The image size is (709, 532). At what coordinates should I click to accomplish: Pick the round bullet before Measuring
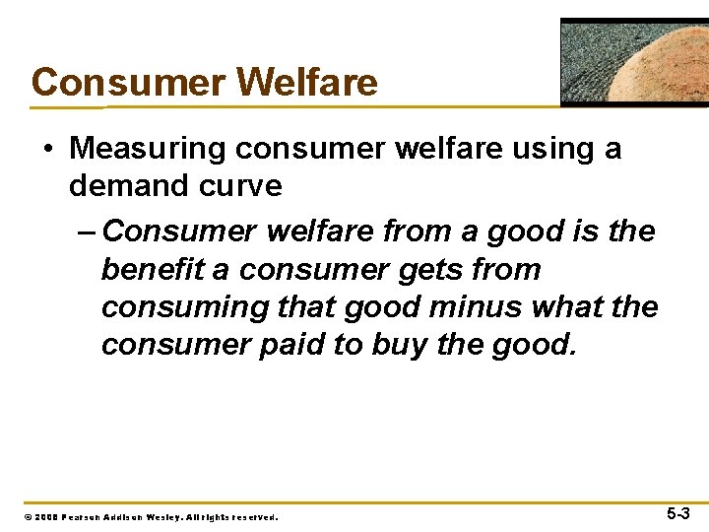[49, 150]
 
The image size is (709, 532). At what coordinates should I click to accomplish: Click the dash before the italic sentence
[85, 232]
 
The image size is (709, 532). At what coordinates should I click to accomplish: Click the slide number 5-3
[677, 513]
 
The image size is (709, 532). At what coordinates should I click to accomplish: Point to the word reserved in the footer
[254, 516]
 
